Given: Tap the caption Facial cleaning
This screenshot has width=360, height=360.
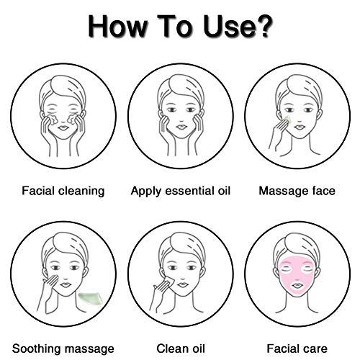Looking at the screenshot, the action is [x=63, y=192].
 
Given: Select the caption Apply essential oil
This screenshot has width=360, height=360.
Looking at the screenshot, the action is [x=181, y=192].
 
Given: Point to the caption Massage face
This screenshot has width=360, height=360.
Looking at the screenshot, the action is [x=297, y=192].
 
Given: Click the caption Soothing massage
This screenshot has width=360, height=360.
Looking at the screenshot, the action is [x=63, y=348].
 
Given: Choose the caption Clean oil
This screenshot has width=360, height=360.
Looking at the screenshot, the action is [x=181, y=348].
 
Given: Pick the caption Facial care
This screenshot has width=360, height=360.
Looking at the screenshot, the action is [x=297, y=348].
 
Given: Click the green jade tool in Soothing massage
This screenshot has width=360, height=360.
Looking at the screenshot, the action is [x=91, y=298].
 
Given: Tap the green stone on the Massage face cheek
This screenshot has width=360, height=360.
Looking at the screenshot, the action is [x=287, y=119].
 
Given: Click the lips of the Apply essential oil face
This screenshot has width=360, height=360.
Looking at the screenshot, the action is [x=181, y=127].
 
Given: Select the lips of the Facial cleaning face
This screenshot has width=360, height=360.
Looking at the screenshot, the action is [x=63, y=127].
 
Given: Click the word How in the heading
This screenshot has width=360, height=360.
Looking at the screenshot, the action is [x=117, y=26].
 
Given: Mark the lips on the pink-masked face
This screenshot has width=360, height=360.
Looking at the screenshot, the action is [x=297, y=285].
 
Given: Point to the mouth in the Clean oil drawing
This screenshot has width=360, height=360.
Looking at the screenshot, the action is [x=181, y=284].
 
